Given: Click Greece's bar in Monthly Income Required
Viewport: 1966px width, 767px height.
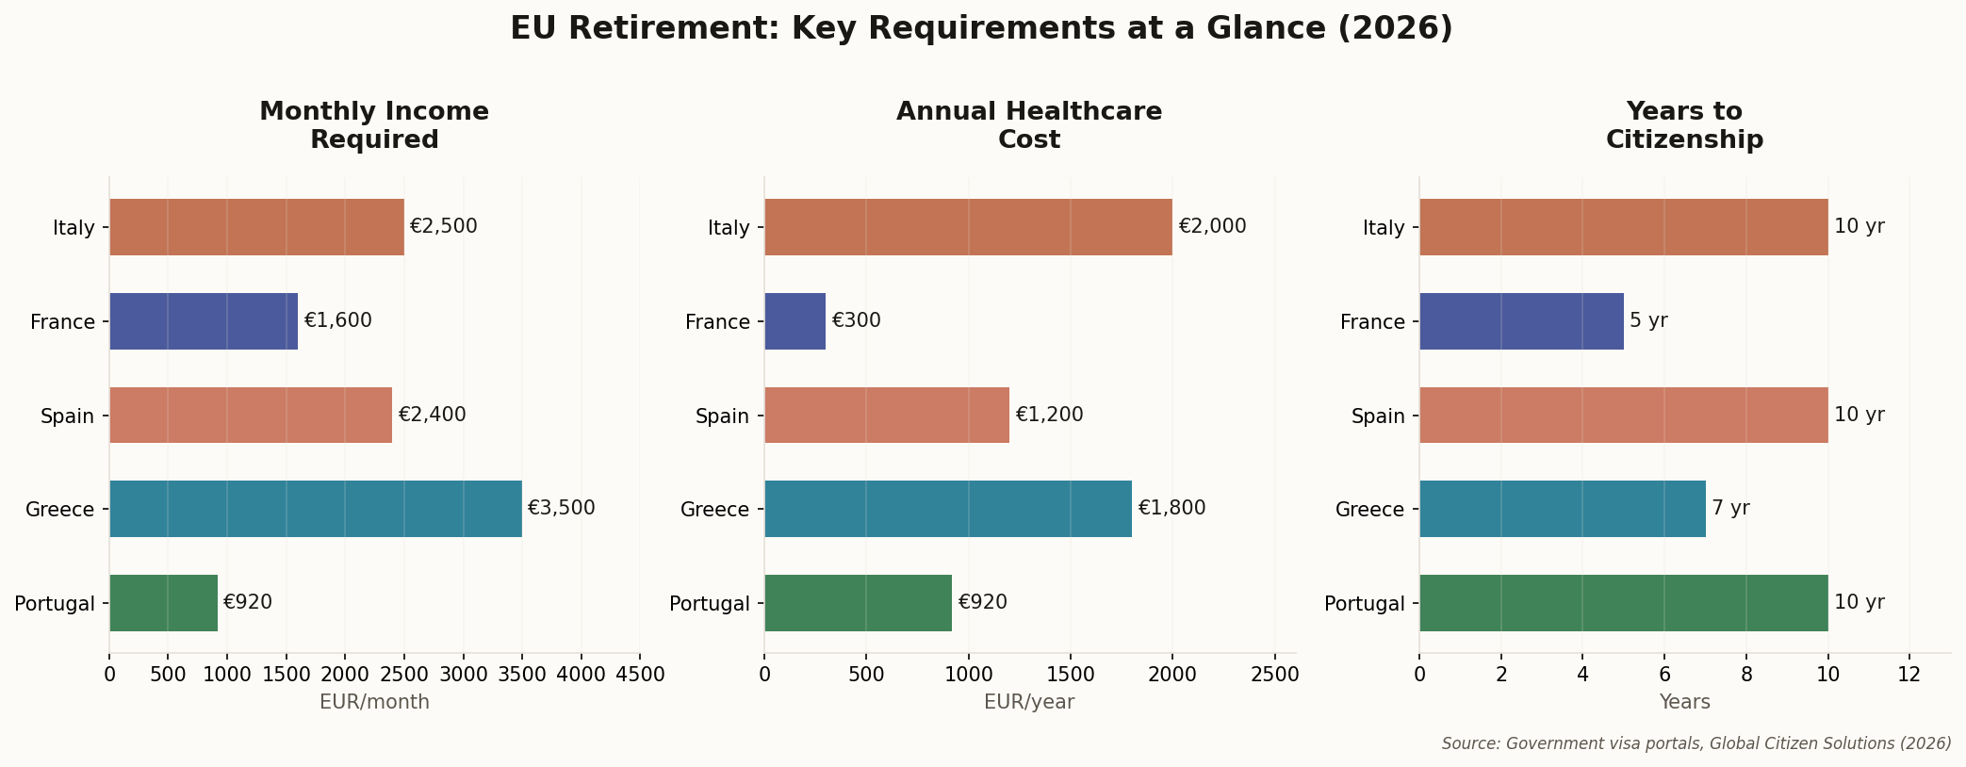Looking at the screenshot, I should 316,509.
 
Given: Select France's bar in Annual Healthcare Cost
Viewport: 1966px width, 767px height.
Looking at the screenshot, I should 795,321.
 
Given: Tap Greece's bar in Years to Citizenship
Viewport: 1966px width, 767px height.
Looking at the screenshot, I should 1562,509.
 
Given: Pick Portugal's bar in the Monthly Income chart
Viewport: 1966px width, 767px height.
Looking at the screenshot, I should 164,603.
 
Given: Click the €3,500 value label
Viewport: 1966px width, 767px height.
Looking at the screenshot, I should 561,509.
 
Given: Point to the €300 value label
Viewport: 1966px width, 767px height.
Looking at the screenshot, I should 856,321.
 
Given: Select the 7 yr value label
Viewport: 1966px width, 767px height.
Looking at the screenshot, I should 1730,509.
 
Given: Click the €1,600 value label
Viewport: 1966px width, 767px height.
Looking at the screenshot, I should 337,321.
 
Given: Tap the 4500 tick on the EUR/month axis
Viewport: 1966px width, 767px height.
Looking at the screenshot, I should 640,675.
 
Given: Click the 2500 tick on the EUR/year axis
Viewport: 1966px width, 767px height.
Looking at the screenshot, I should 1274,675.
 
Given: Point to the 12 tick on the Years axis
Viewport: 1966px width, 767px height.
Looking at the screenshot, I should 1909,675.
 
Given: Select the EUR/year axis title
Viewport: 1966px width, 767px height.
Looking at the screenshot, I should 1029,703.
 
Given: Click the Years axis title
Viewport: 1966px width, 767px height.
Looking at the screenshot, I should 1684,703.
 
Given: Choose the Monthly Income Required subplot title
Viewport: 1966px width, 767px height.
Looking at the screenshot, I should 374,126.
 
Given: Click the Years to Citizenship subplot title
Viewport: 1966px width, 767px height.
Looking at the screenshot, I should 1684,126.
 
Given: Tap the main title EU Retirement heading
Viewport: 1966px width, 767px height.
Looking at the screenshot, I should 981,28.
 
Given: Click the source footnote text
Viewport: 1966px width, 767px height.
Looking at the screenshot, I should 1696,743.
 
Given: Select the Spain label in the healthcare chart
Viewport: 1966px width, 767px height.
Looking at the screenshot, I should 722,416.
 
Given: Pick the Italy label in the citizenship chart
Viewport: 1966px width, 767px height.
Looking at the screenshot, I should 1384,228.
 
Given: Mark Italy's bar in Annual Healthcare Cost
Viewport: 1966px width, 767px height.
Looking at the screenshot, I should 968,227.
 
